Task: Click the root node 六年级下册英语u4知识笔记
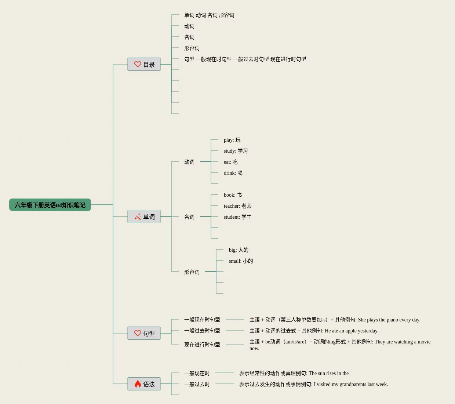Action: pos(50,205)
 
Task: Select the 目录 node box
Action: pos(144,64)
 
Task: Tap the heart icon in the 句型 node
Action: pos(138,333)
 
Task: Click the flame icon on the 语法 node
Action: pos(138,384)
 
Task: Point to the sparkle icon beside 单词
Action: pos(138,217)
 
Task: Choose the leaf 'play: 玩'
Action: pos(232,140)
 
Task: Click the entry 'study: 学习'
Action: pos(236,151)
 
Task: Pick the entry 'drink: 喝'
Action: pos(233,173)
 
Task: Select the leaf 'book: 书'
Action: pos(233,195)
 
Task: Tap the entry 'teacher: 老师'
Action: pos(237,206)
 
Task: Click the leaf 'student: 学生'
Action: pos(237,217)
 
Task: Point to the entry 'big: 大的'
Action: pos(239,250)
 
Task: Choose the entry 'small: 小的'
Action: pos(241,261)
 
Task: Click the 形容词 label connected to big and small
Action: pos(192,272)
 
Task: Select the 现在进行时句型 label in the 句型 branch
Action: pos(202,345)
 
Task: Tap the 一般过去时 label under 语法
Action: pos(197,384)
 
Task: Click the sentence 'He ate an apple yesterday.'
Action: pos(352,331)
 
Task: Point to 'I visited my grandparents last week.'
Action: pos(351,384)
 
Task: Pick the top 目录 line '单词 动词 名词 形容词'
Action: pos(209,15)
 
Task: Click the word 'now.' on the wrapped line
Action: pos(254,349)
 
